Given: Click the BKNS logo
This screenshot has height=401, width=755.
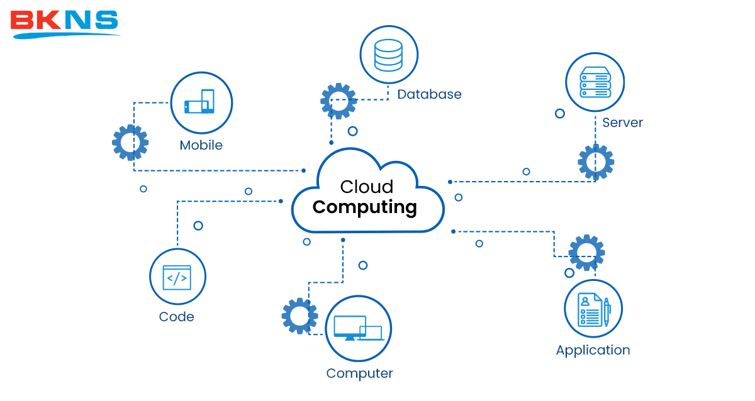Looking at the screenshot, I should (64, 23).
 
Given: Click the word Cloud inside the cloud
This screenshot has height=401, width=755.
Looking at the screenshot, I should (367, 187).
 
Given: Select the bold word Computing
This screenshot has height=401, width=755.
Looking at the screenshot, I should (365, 207).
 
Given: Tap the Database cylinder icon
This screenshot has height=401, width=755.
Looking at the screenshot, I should (389, 55).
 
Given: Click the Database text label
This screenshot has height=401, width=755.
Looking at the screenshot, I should (429, 94).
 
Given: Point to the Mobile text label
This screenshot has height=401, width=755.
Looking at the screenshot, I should (201, 145).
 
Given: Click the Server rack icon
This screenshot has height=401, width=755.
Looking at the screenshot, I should (595, 82).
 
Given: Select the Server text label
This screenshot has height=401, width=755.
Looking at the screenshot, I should (622, 123).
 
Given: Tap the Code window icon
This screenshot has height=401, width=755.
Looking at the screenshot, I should (177, 277).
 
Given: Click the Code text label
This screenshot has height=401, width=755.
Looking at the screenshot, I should (176, 317).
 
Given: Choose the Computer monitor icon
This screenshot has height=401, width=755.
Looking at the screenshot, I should (358, 328).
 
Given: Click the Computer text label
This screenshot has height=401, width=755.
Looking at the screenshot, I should (359, 373).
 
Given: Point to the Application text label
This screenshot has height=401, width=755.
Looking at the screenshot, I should (593, 350).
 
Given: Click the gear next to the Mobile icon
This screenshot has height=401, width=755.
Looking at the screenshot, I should (130, 143).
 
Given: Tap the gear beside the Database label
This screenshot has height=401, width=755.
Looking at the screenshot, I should (338, 101).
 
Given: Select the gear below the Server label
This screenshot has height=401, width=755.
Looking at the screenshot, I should (596, 162).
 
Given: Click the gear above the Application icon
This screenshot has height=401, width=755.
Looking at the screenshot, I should (586, 253).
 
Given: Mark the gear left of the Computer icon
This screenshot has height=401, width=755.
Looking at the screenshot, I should (299, 316).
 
